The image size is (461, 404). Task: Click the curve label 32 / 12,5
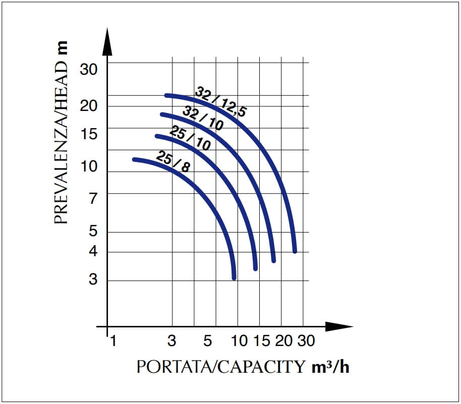click(x=220, y=102)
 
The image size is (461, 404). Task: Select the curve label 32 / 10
click(x=203, y=119)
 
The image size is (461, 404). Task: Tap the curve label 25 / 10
click(x=190, y=138)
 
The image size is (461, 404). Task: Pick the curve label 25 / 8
click(x=173, y=161)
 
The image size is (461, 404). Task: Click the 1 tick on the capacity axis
click(x=113, y=341)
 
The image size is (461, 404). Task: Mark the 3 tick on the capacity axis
click(x=172, y=341)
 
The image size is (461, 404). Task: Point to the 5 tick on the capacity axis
click(x=208, y=341)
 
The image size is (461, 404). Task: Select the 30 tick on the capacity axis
click(x=305, y=341)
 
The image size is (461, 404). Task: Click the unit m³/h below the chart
click(x=331, y=367)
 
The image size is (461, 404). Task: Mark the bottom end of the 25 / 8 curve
click(x=234, y=277)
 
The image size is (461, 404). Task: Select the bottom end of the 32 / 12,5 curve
click(x=295, y=251)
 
